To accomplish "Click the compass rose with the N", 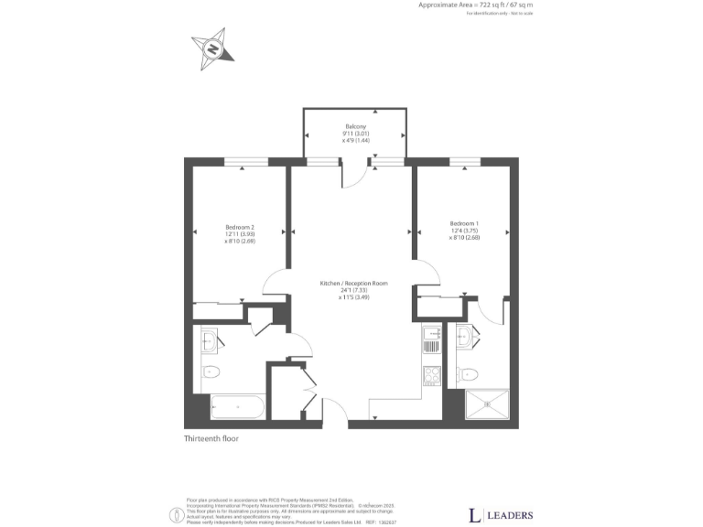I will click(x=212, y=47).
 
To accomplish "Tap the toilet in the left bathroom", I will click(x=211, y=371).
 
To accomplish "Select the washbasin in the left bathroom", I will click(x=209, y=342).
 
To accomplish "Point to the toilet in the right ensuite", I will click(x=467, y=372).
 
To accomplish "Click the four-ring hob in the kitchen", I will click(x=431, y=374).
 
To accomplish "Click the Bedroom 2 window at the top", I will click(x=246, y=162).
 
